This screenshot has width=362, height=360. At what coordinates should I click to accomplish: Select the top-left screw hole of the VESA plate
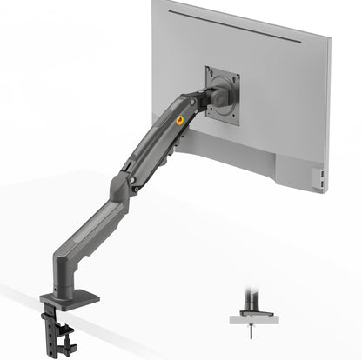pyautogui.click(x=211, y=73)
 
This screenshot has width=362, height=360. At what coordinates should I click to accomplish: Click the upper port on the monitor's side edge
pyautogui.click(x=324, y=174)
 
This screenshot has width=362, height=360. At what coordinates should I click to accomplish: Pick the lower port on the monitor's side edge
pyautogui.click(x=324, y=183)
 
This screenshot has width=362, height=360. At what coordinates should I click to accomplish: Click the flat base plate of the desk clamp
pyautogui.click(x=69, y=298)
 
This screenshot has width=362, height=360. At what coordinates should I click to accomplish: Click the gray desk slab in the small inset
pyautogui.click(x=254, y=319)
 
